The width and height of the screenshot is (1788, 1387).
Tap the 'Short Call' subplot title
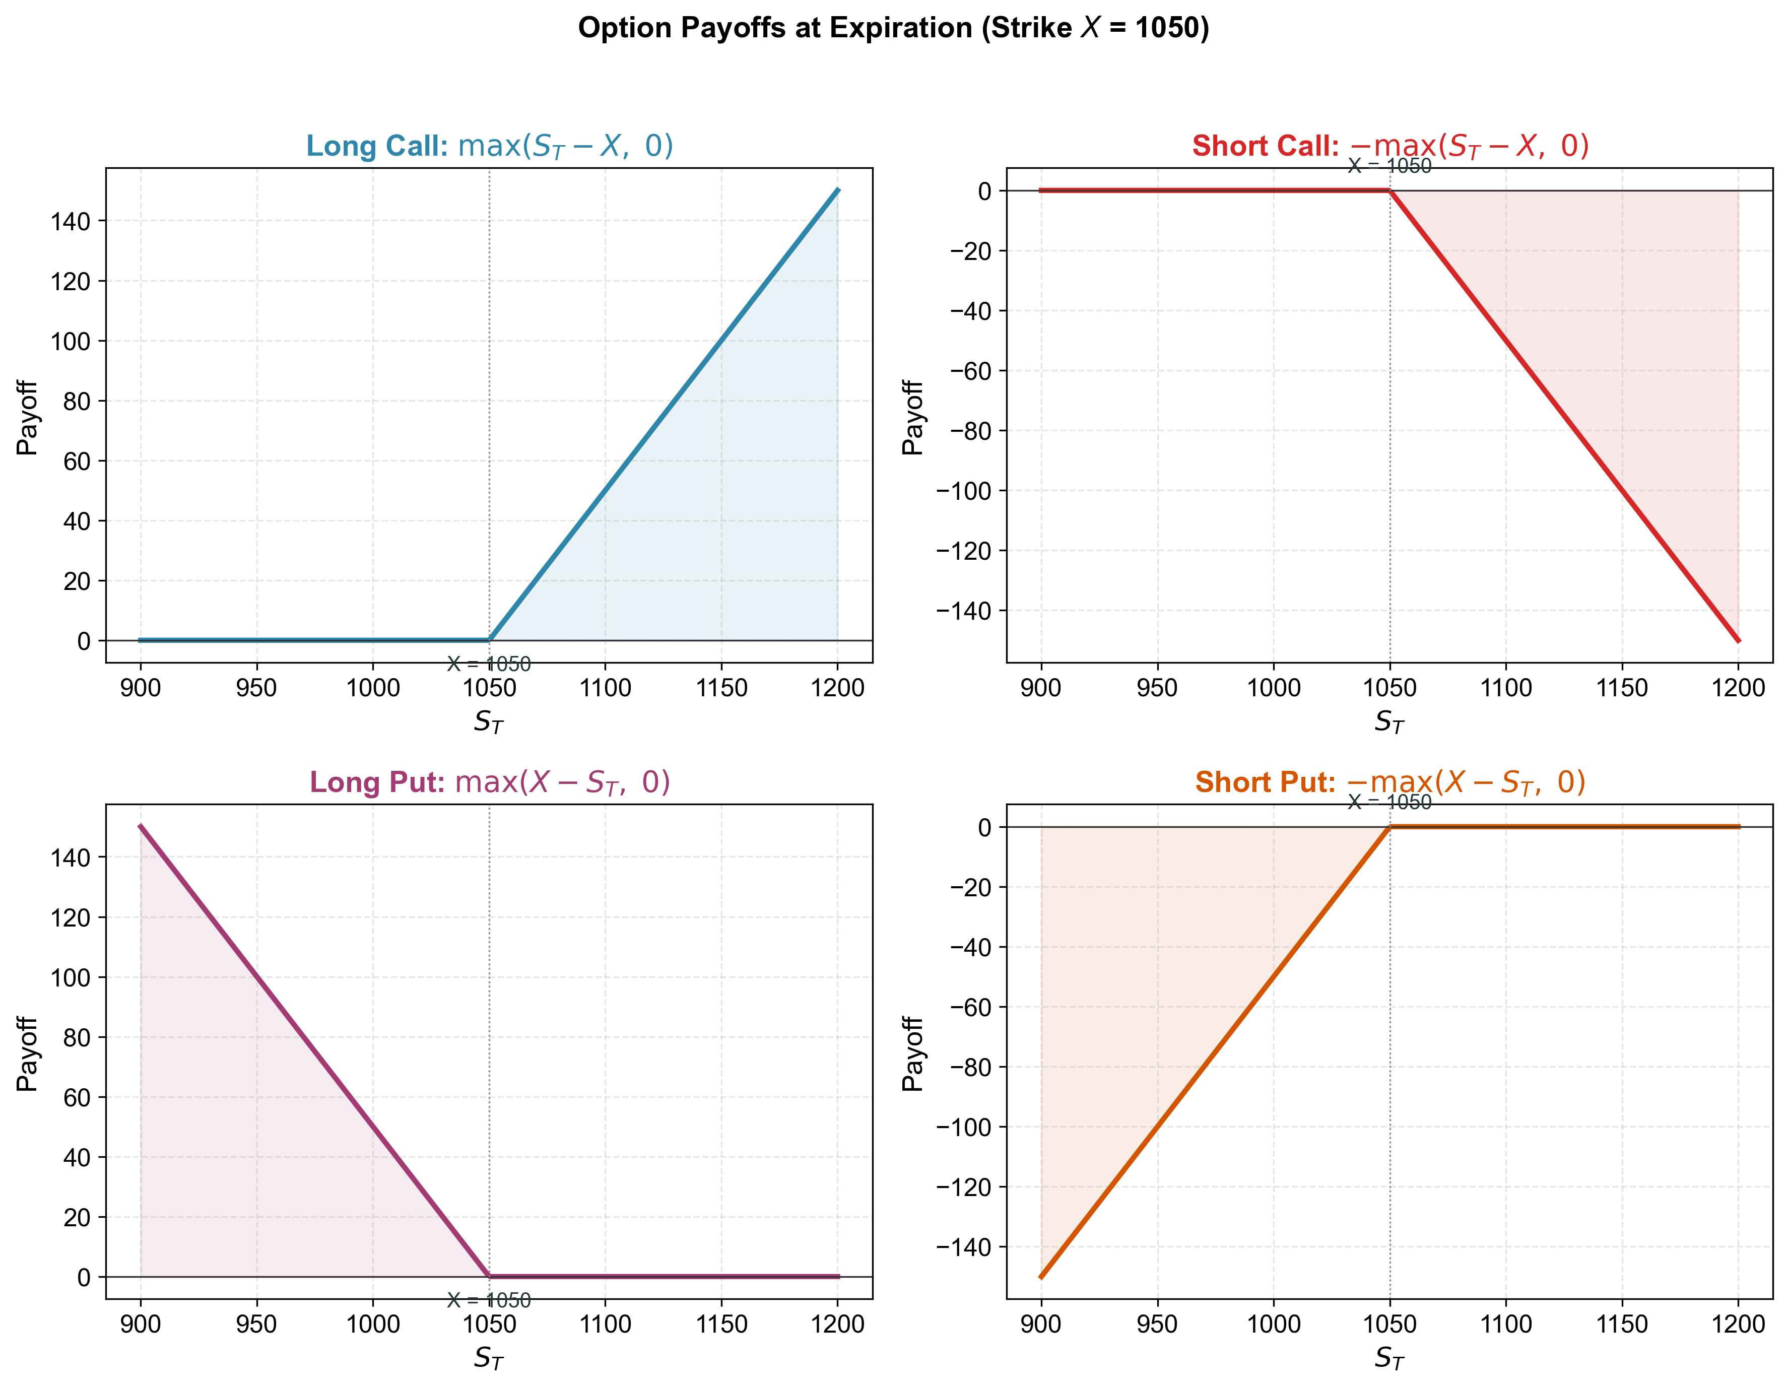[1390, 146]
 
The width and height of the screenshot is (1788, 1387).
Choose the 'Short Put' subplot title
[1390, 782]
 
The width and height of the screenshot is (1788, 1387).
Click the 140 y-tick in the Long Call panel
[71, 221]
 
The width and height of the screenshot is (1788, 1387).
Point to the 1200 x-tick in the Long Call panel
[837, 688]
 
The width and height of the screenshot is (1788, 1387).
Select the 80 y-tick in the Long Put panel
[77, 1037]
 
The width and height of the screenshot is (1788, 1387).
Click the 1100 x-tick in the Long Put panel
[606, 1324]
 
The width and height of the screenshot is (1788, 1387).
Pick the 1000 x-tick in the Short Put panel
[1274, 1324]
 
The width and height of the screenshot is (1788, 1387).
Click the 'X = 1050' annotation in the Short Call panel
[1390, 166]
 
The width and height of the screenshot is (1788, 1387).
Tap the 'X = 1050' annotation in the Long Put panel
[489, 1300]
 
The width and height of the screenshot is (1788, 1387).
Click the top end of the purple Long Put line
[141, 826]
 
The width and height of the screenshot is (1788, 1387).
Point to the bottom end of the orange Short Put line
[1041, 1277]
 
